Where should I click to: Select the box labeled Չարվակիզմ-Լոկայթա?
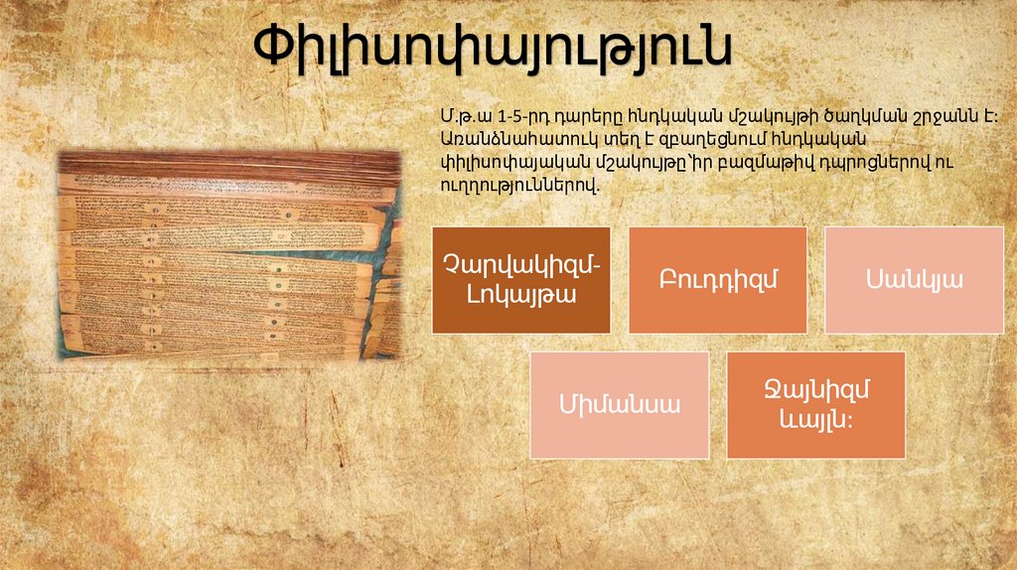tap(521, 279)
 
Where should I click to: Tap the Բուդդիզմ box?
tap(717, 279)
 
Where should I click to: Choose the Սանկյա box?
tap(914, 279)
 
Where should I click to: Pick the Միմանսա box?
tap(619, 404)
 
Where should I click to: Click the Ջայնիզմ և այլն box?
tap(815, 404)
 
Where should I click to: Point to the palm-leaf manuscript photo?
tap(227, 255)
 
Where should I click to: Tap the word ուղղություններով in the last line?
tap(517, 185)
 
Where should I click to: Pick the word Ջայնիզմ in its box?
tap(815, 390)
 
